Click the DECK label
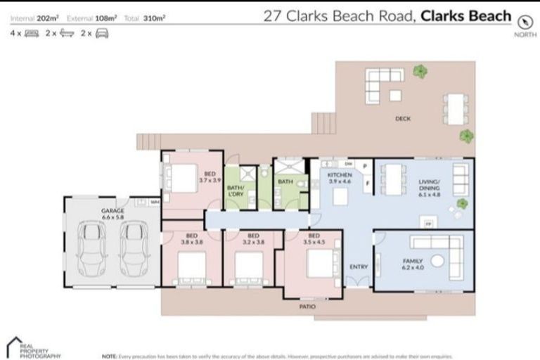402,119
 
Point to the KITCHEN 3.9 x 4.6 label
340,177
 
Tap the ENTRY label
359,266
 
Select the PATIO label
307,307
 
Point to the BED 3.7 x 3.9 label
210,177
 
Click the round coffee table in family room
439,261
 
